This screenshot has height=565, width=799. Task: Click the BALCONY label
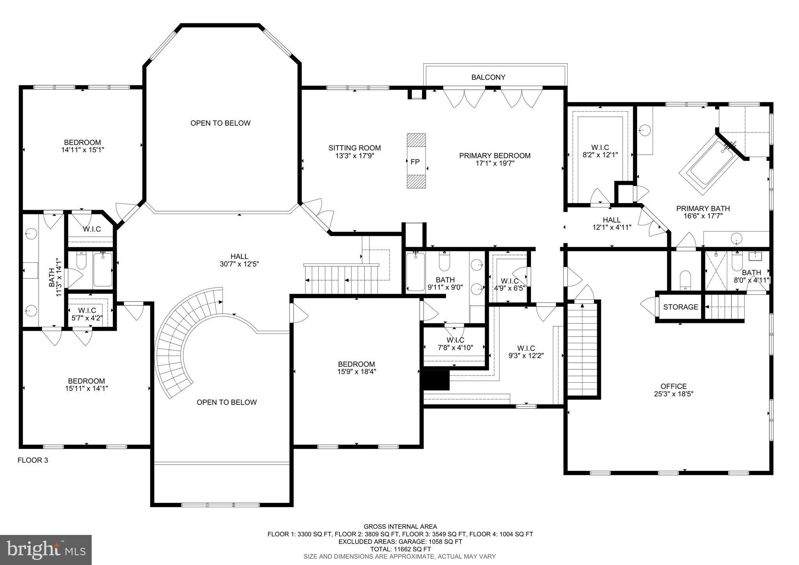[488, 77]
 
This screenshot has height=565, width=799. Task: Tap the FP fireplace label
[415, 162]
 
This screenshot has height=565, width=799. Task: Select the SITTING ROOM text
[355, 148]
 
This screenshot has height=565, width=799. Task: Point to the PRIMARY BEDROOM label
[495, 156]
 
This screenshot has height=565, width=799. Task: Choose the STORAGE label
[681, 307]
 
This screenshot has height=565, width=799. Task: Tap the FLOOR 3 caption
[33, 460]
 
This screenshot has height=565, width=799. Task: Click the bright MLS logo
[46, 549]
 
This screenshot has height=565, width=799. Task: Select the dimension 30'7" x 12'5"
[240, 264]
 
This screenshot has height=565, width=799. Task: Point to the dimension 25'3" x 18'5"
[674, 394]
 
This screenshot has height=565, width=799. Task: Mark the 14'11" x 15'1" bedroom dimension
[83, 150]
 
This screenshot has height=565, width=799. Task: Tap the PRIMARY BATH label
[703, 209]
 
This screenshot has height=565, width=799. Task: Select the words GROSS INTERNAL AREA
[400, 527]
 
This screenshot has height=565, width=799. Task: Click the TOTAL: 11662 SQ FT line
[400, 549]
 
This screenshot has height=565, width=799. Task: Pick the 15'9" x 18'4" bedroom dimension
[357, 371]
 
